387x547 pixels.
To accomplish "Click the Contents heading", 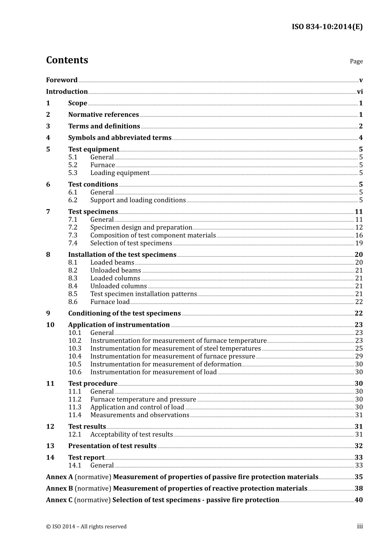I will click(x=67, y=60).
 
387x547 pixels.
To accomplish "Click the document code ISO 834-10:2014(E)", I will click(x=327, y=27).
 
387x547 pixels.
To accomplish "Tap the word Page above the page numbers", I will click(x=356, y=61).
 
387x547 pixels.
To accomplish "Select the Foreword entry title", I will click(x=62, y=80).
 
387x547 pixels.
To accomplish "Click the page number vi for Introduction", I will click(x=360, y=92).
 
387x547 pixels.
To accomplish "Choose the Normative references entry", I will click(x=103, y=115).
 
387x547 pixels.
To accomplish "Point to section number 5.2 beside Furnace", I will click(x=73, y=165).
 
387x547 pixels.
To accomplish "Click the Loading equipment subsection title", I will click(x=120, y=173).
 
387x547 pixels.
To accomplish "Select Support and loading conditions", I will click(x=138, y=200).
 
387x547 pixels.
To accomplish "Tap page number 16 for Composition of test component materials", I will click(x=359, y=235).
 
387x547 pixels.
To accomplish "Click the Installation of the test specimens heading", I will click(x=122, y=255).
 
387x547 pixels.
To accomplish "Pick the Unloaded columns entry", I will click(x=119, y=286).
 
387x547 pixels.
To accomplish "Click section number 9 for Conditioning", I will click(x=48, y=313).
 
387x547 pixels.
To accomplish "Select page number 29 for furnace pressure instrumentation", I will click(x=359, y=357).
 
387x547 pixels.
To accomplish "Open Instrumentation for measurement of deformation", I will click(x=166, y=364).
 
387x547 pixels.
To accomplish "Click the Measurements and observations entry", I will click(x=140, y=415).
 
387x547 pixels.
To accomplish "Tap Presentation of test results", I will click(x=112, y=446).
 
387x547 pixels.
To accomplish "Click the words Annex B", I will click(x=59, y=488).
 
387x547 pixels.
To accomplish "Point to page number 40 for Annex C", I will click(x=358, y=500).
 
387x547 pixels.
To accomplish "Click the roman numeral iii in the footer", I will click(x=360, y=526).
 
